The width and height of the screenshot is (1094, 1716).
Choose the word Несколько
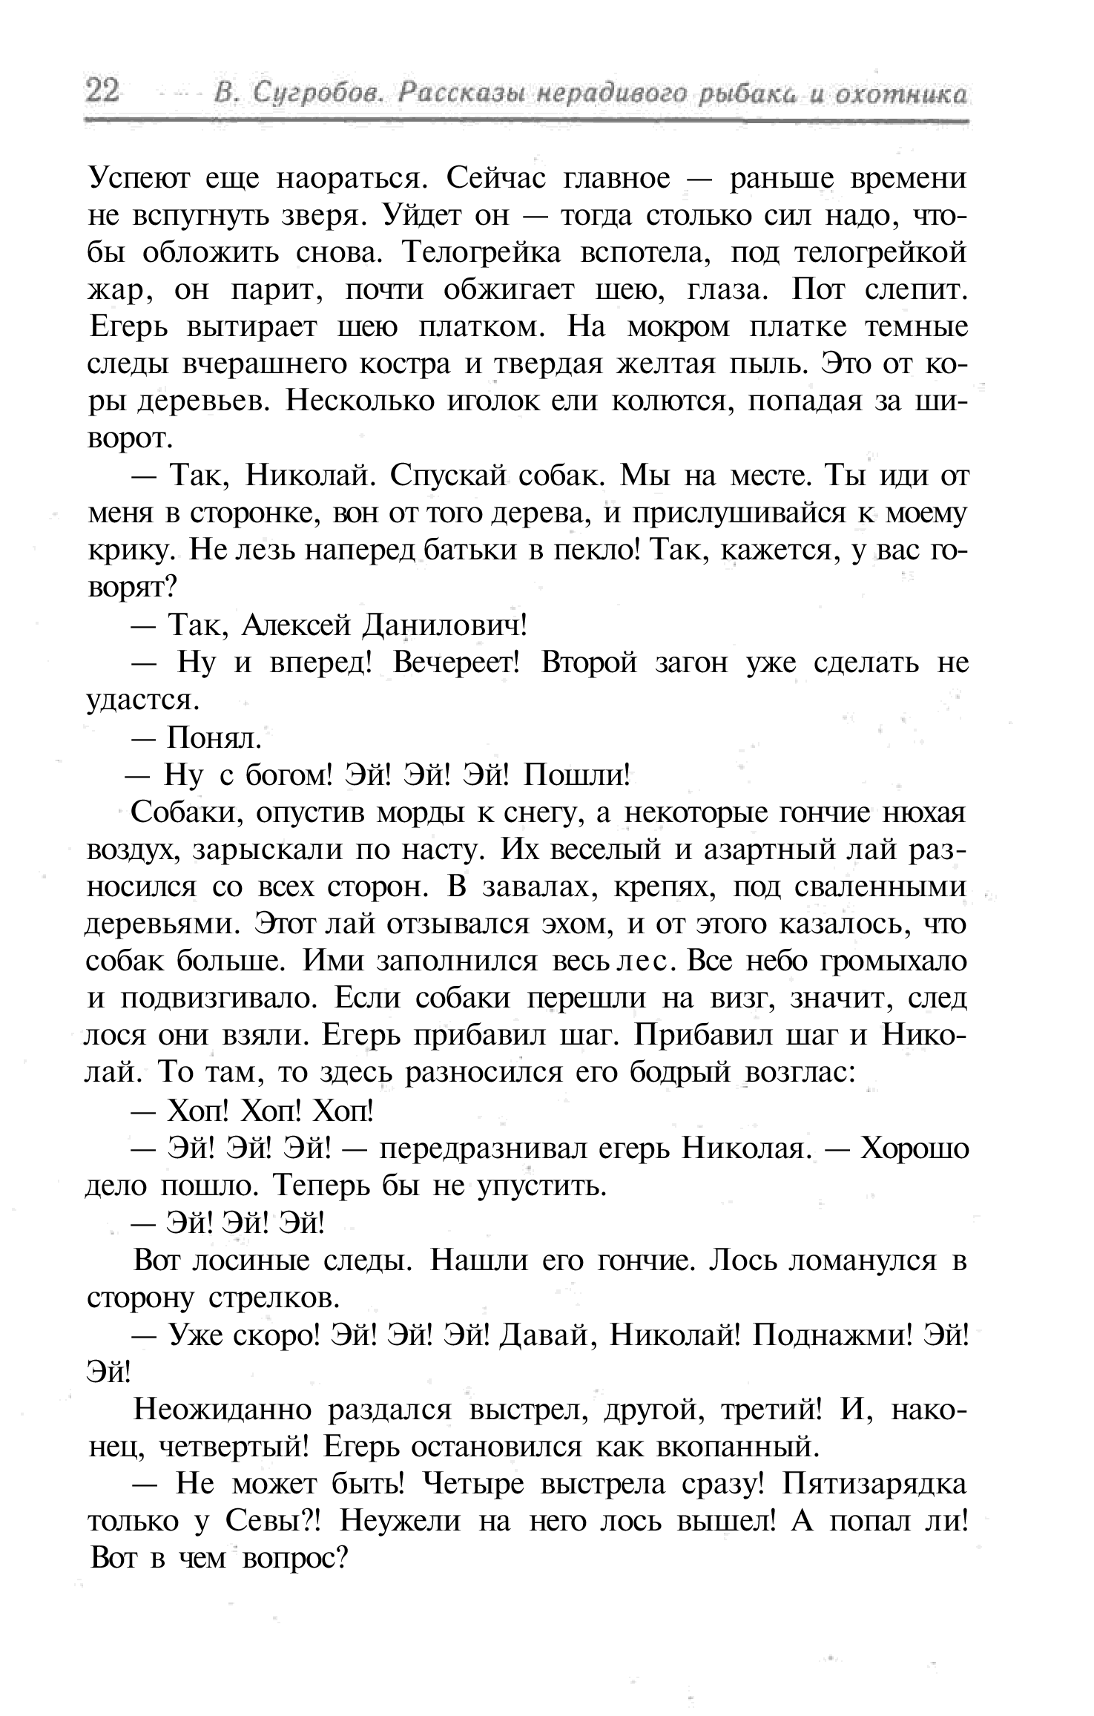pos(364,401)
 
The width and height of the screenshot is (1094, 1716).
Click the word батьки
pos(472,550)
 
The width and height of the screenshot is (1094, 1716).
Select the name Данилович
pos(443,625)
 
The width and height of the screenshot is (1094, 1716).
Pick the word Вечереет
pos(457,663)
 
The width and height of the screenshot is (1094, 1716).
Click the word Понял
pos(214,737)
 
